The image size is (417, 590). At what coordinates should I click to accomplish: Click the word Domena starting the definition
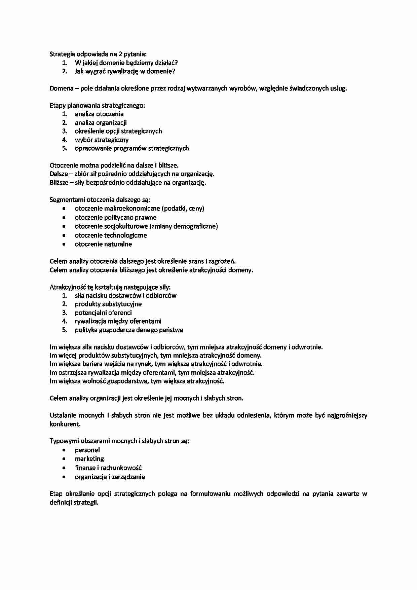(62, 88)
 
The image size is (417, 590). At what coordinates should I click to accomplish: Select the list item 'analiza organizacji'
(101, 123)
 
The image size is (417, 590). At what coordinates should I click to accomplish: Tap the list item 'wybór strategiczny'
(102, 140)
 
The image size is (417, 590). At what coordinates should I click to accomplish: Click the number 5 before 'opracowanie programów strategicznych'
(65, 148)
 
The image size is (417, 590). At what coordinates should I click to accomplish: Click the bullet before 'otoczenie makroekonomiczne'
(64, 209)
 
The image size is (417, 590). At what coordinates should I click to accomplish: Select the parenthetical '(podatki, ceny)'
(183, 209)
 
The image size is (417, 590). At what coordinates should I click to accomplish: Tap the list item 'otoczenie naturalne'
(103, 244)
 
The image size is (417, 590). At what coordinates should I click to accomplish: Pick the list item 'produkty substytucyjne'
(108, 304)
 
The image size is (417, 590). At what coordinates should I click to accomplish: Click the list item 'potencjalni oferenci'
(103, 313)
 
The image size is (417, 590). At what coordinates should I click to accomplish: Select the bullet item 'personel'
(87, 450)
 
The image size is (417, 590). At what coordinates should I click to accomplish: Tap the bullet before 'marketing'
(64, 459)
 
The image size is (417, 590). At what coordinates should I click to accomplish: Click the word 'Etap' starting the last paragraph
(56, 494)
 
